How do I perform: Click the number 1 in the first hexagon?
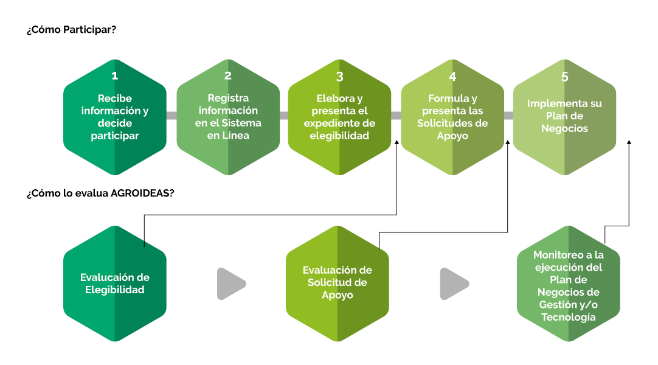[x=114, y=75]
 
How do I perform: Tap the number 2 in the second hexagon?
[x=228, y=75]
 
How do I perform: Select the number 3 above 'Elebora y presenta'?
[x=339, y=77]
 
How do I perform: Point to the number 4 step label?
[x=452, y=77]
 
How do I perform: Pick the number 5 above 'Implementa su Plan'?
[x=564, y=77]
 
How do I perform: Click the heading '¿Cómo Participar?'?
[x=71, y=30]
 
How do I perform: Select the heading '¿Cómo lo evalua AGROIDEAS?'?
[x=100, y=193]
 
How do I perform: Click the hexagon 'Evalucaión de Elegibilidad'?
[x=114, y=283]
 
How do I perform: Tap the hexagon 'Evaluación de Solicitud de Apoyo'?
[x=338, y=283]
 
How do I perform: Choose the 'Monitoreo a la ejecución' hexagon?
[x=569, y=283]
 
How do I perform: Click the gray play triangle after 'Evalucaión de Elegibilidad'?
[x=231, y=283]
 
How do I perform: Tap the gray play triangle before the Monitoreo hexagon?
[x=454, y=283]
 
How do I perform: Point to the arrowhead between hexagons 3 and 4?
[x=397, y=142]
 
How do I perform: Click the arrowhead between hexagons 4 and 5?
[x=507, y=142]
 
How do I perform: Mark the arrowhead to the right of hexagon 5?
[x=629, y=142]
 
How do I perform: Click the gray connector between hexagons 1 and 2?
[x=171, y=116]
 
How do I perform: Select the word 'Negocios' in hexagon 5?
[x=564, y=128]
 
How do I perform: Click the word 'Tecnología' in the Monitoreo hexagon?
[x=569, y=317]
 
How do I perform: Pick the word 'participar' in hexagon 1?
[x=114, y=136]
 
